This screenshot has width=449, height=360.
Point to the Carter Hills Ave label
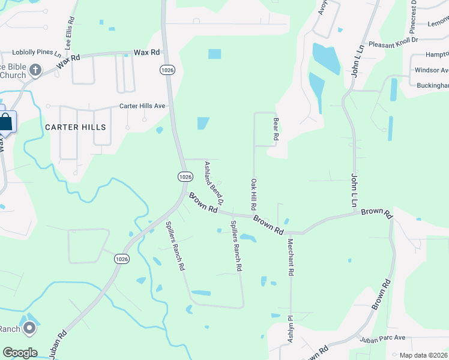point(142,106)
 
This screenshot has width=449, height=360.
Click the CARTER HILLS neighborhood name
point(75,127)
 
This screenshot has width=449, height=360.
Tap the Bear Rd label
point(276,128)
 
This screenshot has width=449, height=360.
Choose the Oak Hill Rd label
point(254,193)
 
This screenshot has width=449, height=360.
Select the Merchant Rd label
point(291,257)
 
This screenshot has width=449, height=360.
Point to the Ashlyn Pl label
point(289,329)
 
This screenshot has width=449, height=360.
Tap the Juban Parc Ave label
point(383,338)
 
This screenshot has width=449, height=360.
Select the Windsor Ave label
point(432,70)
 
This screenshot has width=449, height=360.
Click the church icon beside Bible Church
point(35,71)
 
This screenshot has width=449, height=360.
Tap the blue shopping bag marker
point(5,122)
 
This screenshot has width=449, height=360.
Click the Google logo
point(20,353)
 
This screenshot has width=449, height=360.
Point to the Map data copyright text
point(424,355)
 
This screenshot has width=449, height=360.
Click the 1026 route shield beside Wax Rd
point(167,70)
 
